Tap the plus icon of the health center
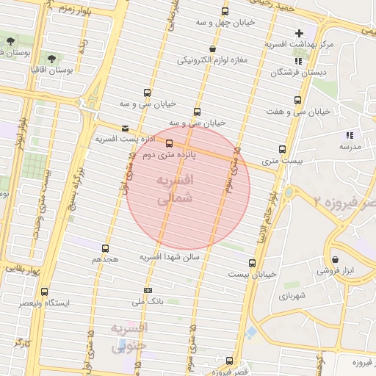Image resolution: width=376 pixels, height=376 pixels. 299,33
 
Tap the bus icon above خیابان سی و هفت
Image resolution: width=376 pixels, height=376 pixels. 297,100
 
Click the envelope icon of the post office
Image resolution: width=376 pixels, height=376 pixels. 124,128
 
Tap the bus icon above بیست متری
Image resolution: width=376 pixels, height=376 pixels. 283,150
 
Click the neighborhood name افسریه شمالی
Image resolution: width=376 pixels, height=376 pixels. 176,189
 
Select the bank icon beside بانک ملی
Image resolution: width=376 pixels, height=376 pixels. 148,290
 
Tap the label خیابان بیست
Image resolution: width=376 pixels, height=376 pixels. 253,274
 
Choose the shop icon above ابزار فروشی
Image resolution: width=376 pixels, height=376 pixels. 336,259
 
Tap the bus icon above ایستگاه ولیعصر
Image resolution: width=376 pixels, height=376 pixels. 45,292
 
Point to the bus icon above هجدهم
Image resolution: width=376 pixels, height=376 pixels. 106,249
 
